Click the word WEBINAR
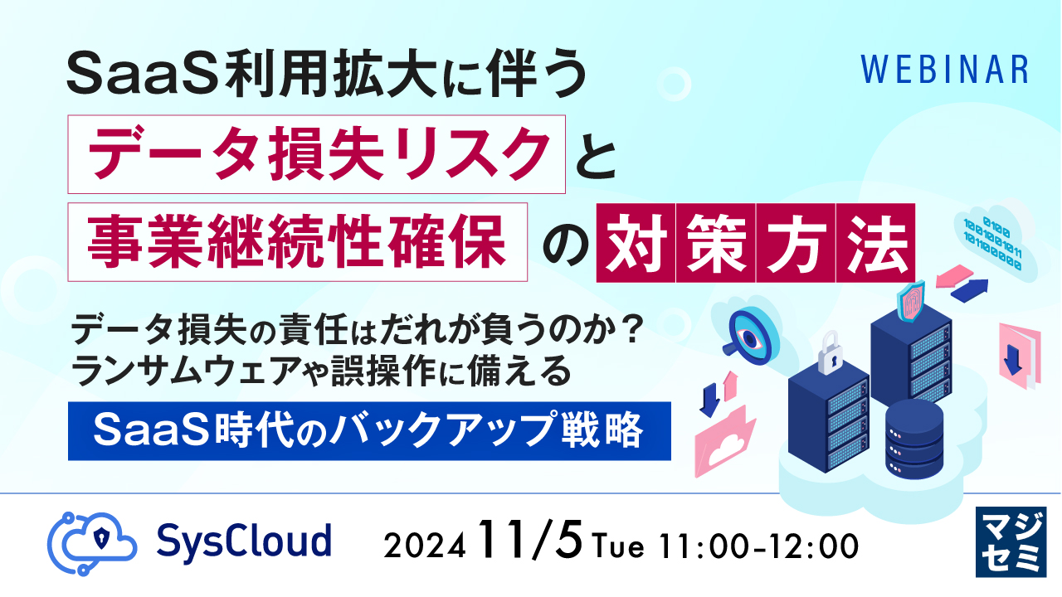point(943,70)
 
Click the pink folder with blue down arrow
point(1018,352)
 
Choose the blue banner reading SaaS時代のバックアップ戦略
point(368,430)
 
